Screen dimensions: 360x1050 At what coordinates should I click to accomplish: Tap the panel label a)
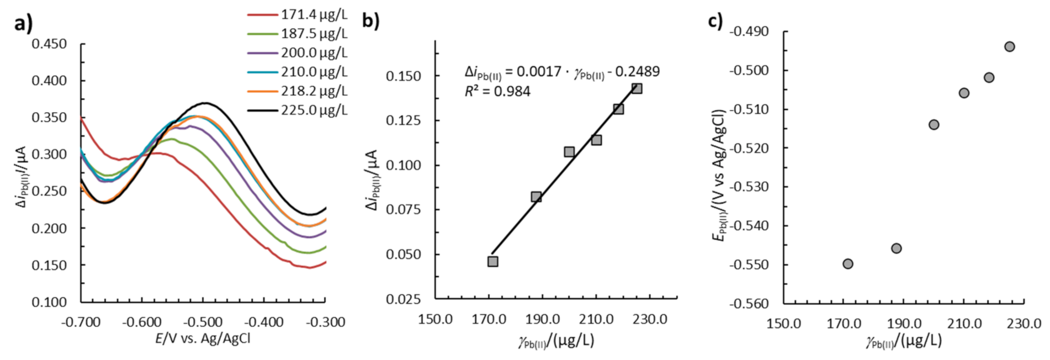24,24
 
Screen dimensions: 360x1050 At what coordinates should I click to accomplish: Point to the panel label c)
715,20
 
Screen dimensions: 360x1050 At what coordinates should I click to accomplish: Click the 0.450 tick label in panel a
49,44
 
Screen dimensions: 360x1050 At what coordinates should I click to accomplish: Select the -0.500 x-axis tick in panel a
203,322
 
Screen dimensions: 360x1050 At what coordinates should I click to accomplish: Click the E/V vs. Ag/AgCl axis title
203,338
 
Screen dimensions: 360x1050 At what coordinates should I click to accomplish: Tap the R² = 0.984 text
497,91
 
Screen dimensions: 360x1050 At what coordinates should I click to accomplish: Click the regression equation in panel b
561,72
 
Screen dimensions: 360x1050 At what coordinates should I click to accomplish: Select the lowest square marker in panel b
493,261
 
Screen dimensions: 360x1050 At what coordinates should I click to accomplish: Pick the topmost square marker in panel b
637,88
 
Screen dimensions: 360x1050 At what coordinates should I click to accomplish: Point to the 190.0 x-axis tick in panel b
543,319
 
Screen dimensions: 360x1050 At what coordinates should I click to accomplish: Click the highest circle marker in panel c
1010,46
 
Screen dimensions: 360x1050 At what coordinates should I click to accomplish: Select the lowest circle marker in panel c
848,264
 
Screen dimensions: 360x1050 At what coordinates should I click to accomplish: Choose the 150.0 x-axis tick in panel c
784,323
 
